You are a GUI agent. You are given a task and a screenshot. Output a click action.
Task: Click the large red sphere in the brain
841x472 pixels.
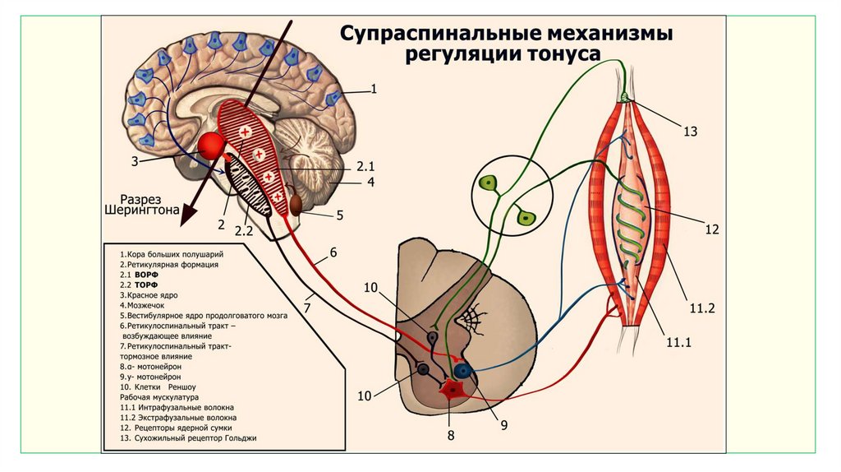click(212, 147)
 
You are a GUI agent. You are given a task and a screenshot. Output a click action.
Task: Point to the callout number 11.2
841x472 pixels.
click(704, 309)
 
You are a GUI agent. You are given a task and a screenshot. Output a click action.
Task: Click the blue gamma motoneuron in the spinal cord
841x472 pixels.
click(464, 371)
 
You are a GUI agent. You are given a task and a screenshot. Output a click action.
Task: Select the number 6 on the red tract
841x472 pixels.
click(333, 252)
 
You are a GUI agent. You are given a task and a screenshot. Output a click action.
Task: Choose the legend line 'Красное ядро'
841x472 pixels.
click(149, 294)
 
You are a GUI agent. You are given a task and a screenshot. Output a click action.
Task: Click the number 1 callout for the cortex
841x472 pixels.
click(374, 89)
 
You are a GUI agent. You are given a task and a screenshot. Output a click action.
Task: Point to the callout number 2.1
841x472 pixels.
click(365, 166)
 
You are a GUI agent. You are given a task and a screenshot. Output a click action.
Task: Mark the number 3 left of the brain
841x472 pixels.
click(135, 161)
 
